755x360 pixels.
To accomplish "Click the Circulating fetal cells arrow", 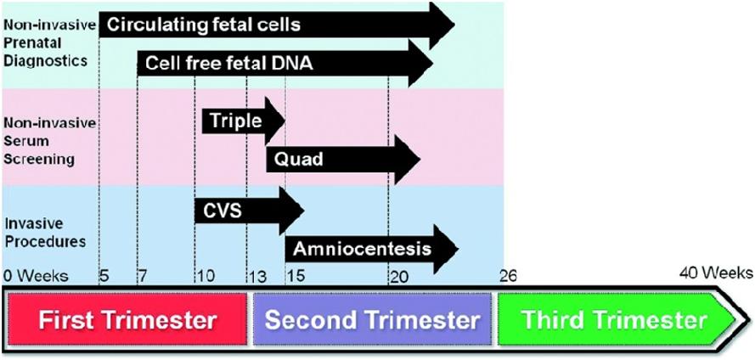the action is pos(277,25).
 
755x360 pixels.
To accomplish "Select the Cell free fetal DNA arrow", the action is pos(285,64).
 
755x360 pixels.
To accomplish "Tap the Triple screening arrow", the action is pos(244,121).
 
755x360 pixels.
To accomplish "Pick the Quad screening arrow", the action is pos(343,160).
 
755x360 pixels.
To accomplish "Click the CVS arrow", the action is pos(250,211).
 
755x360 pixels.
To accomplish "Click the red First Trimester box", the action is pos(127,320).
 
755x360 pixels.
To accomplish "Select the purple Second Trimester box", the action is pos(372,320).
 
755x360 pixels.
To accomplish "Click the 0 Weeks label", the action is pos(37,276).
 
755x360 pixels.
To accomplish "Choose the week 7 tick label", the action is pos(144,276).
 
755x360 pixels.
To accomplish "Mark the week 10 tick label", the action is pos(206,276).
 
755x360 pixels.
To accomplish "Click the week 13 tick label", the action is pos(256,277).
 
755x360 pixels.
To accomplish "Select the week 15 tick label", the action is pos(296,276).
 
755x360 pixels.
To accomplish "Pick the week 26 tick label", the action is pos(508,276).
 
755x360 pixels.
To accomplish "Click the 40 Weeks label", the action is pos(717,273).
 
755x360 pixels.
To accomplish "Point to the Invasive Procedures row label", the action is pos(46,233).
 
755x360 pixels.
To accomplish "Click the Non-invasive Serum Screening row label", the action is pos(49,141).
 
